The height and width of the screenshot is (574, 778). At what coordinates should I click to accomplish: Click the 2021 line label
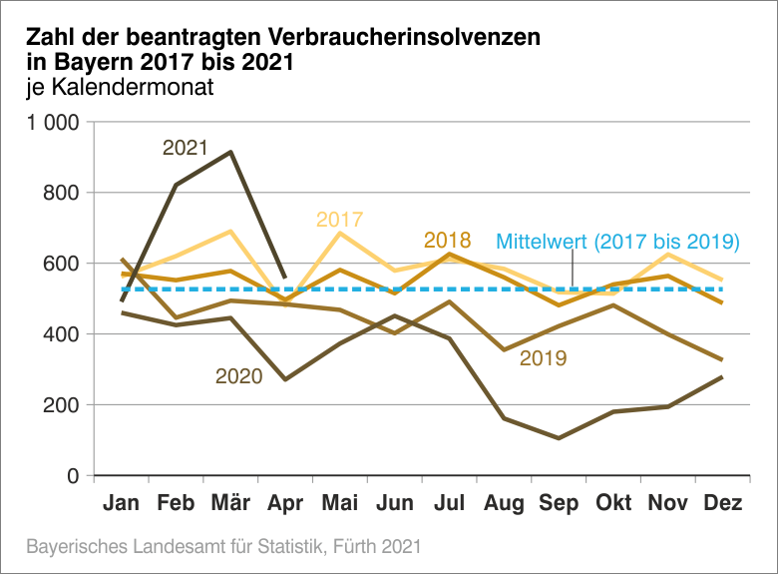pyautogui.click(x=185, y=148)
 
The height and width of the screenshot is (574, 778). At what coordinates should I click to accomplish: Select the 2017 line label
pyautogui.click(x=339, y=220)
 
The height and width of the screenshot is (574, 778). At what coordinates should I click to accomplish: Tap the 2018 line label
pyautogui.click(x=447, y=241)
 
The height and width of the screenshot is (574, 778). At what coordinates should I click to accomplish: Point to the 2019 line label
pyautogui.click(x=544, y=357)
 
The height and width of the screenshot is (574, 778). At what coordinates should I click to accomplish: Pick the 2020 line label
pyautogui.click(x=238, y=376)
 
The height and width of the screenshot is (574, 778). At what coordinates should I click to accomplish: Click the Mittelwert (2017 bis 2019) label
pyautogui.click(x=617, y=242)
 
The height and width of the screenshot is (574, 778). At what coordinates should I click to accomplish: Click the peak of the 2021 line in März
pyautogui.click(x=231, y=152)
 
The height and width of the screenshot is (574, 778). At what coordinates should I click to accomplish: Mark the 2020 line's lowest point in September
pyautogui.click(x=559, y=438)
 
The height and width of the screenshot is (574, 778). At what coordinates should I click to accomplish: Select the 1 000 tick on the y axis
pyautogui.click(x=53, y=123)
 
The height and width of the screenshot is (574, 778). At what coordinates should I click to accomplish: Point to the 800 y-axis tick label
pyautogui.click(x=63, y=193)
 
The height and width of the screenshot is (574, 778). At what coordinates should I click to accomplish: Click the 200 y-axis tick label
pyautogui.click(x=63, y=405)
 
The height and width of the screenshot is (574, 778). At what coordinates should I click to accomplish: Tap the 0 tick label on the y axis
pyautogui.click(x=74, y=476)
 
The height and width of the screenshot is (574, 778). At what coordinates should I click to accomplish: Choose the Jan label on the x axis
pyautogui.click(x=122, y=504)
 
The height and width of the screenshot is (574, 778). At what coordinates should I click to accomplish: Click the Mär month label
pyautogui.click(x=231, y=504)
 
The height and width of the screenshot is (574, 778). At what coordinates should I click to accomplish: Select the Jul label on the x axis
pyautogui.click(x=450, y=504)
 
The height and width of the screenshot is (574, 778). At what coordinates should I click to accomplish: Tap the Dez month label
pyautogui.click(x=722, y=504)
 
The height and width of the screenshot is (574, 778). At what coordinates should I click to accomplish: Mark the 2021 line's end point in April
pyautogui.click(x=285, y=278)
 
